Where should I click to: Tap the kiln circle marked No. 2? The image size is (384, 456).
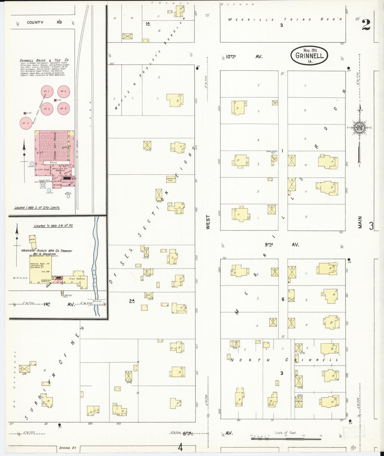click(x=64, y=92)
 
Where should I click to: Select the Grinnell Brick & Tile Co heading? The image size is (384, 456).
click(x=44, y=60)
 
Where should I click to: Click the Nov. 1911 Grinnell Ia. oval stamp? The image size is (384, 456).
click(x=309, y=56)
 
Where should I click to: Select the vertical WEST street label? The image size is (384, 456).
click(x=208, y=222)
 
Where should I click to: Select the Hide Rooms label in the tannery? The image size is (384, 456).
click(x=77, y=279)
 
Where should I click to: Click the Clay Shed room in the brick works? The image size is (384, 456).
click(x=43, y=169)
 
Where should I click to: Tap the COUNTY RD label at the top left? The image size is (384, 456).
click(x=44, y=22)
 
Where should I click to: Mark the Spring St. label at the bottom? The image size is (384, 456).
click(x=68, y=448)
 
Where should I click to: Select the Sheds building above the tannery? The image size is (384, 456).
click(x=32, y=239)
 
